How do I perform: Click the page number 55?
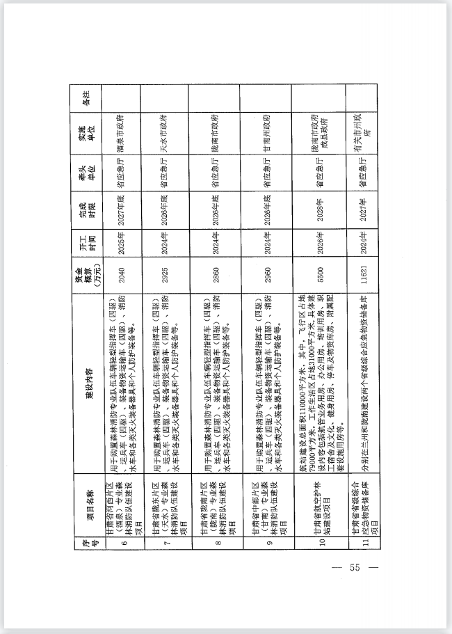354,568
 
